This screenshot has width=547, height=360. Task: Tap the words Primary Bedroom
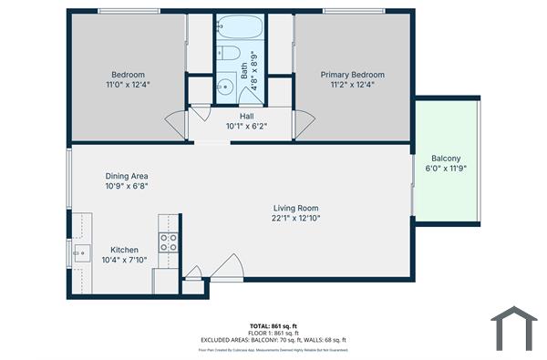(352, 75)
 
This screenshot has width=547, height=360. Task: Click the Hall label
(246, 117)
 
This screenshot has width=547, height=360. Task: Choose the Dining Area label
(126, 176)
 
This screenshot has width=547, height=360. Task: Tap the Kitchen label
(124, 250)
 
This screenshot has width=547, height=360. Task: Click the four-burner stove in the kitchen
(169, 242)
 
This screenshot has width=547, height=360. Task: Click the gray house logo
(514, 328)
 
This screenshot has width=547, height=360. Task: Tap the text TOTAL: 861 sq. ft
(273, 325)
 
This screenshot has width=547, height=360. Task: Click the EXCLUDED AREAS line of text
(273, 340)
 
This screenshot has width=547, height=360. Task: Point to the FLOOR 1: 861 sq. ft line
(273, 333)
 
